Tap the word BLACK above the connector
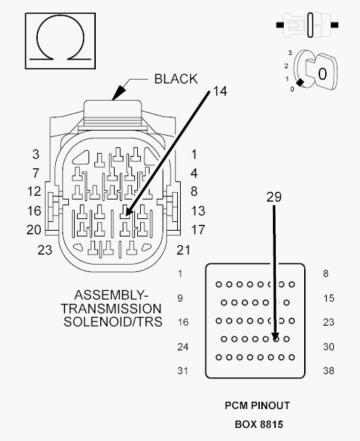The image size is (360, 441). tap(176, 79)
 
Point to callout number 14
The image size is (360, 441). tap(220, 91)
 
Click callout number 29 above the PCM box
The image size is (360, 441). tap(274, 197)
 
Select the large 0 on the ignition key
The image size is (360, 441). tap(322, 74)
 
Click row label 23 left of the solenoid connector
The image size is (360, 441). tap(45, 250)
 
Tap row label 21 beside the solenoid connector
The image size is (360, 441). tap(183, 250)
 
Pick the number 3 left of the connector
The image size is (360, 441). tap(36, 154)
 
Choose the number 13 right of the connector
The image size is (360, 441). tap(198, 211)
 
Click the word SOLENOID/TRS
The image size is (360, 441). tap(113, 321)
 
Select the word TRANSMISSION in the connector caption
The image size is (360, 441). tap(112, 308)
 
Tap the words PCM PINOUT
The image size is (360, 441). tap(257, 405)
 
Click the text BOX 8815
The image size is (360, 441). tap(259, 424)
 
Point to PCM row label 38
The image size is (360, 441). tap(329, 371)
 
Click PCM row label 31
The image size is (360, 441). tap(183, 371)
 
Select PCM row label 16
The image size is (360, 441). tap(183, 322)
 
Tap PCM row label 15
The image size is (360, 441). tap(329, 298)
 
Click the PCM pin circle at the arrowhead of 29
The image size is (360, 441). tap(276, 339)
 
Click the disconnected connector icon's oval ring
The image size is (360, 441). tap(310, 25)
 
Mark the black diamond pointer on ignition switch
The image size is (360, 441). tap(300, 83)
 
